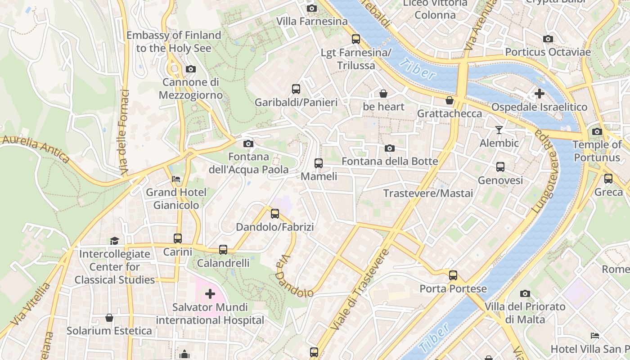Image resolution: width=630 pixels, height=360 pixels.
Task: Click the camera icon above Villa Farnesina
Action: [311, 8]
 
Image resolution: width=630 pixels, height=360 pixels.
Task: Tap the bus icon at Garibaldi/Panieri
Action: [296, 89]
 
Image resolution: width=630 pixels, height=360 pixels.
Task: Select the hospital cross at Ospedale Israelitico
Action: [539, 94]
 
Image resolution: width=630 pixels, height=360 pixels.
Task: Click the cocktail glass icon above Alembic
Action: [499, 130]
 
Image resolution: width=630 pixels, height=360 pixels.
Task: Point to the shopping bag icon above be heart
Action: [383, 94]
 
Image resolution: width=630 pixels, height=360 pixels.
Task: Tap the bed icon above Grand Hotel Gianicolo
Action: [176, 179]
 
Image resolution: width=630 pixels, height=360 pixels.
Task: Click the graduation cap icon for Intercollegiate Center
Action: [114, 241]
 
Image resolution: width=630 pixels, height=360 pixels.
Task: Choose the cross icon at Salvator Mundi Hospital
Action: [210, 294]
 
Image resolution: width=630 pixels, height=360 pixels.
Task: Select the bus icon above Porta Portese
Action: [453, 275]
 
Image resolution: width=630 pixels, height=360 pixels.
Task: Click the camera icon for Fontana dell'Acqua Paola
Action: [248, 144]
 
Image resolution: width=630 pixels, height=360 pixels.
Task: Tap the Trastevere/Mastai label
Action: [428, 193]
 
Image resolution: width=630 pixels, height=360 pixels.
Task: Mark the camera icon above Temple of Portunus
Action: [597, 131]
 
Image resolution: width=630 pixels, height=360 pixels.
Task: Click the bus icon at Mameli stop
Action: [319, 163]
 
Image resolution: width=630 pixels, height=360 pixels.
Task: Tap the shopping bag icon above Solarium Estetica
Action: [109, 318]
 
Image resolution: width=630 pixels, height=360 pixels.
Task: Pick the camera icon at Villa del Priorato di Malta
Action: [525, 294]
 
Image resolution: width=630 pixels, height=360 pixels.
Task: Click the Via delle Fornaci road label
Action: [124, 133]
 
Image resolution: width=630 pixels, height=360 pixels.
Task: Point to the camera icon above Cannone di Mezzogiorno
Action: [191, 69]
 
